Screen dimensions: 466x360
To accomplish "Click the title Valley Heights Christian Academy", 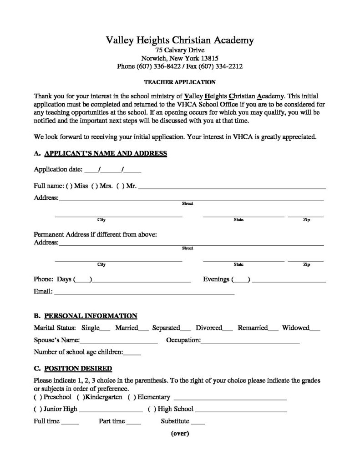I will click(180, 41).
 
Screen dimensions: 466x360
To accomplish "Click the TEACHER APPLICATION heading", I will click(180, 82).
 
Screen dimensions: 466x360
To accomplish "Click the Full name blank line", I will click(232, 187).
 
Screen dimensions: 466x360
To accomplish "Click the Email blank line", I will click(144, 294).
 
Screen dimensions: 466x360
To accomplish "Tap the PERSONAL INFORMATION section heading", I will click(90, 315).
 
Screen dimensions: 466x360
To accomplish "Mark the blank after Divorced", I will click(228, 329).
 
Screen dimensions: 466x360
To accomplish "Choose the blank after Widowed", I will click(315, 329).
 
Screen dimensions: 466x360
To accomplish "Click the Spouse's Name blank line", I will click(119, 341).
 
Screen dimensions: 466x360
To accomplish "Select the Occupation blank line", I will click(250, 341).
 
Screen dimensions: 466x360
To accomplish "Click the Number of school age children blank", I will click(132, 353).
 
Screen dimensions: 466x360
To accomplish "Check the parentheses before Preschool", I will click(37, 397).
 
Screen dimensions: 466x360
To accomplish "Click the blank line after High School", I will click(241, 410).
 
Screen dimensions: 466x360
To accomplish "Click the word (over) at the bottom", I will click(180, 433).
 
